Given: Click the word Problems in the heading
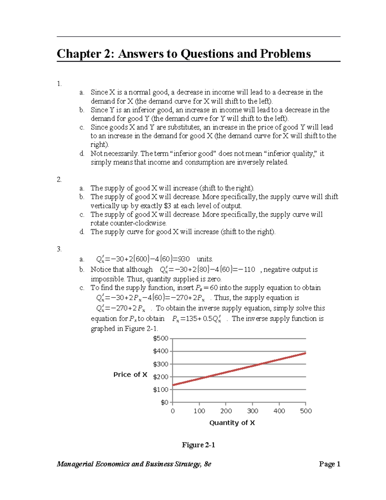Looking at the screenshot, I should (285, 54).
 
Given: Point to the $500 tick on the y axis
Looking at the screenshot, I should (161, 338).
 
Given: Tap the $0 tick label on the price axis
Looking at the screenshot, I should (164, 402).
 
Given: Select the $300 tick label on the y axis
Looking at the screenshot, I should (161, 364).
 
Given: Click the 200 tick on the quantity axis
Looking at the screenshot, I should (226, 411).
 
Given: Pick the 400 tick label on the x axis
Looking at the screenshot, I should (279, 411).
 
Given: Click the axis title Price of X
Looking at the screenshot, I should (130, 374).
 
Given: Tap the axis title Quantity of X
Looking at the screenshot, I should (232, 423).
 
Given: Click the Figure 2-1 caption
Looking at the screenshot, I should (198, 445).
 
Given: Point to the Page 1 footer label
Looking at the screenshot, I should (329, 464).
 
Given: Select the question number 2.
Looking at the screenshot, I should (59, 180).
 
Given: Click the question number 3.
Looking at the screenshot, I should (59, 249).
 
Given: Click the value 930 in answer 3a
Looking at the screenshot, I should (184, 259).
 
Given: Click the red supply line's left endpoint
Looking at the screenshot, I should (173, 385).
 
